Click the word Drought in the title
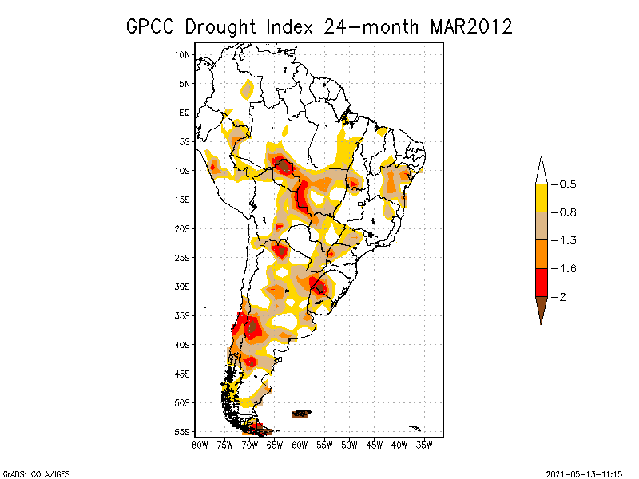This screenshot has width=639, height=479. click(x=220, y=27)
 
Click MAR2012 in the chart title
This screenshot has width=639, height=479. click(x=471, y=27)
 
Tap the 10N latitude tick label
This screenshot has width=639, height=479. click(x=182, y=54)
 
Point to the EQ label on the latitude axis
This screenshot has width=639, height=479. click(x=185, y=113)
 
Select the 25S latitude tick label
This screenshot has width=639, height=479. click(x=182, y=258)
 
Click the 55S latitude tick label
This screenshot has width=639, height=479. click(x=182, y=432)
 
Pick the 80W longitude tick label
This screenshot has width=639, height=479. click(x=200, y=445)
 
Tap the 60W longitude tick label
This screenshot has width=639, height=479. click(x=300, y=445)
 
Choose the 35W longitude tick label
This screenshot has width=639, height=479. click(x=424, y=445)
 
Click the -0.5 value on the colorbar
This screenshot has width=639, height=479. click(x=564, y=184)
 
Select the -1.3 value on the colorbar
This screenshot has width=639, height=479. click(x=564, y=240)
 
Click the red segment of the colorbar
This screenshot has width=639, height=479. click(x=542, y=283)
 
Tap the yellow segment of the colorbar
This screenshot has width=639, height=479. click(x=542, y=198)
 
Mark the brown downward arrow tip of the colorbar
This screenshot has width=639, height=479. click(x=542, y=324)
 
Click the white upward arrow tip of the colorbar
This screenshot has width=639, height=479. click(x=542, y=156)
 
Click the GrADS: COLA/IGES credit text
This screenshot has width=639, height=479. click(x=37, y=474)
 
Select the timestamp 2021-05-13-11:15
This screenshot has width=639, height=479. click(x=584, y=474)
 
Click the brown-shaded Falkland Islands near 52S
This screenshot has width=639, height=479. click(x=301, y=414)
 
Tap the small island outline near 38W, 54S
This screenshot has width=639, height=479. click(x=415, y=428)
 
